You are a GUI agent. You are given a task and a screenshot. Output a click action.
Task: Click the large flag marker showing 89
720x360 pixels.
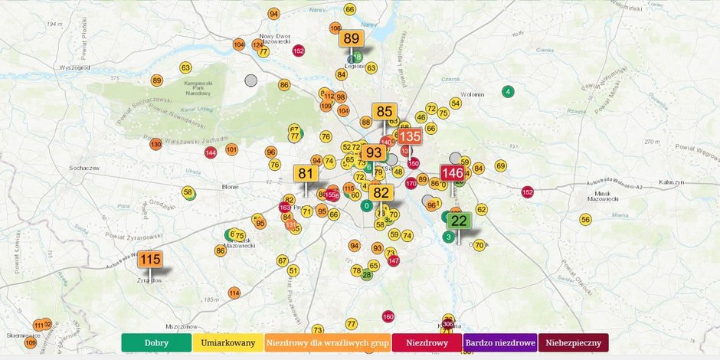pyautogui.click(x=352, y=39)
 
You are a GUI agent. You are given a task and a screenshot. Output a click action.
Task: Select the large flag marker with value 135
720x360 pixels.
pyautogui.click(x=410, y=137)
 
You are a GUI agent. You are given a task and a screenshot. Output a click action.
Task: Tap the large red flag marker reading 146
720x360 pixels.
pyautogui.click(x=452, y=173)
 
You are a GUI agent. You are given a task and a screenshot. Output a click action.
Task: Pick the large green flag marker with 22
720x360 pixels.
pyautogui.click(x=459, y=221)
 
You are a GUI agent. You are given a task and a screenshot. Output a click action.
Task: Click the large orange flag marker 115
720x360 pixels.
pyautogui.click(x=150, y=260)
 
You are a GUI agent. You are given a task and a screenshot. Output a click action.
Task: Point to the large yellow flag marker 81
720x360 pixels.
pyautogui.click(x=306, y=173)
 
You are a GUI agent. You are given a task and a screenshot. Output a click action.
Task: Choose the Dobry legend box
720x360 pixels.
pyautogui.click(x=156, y=342)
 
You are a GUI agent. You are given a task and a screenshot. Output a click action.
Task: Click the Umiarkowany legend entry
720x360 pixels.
pyautogui.click(x=227, y=342)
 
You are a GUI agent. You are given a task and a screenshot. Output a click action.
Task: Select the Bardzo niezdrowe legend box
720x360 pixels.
pyautogui.click(x=499, y=342)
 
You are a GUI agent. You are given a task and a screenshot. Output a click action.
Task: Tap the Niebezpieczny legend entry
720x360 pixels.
pyautogui.click(x=573, y=342)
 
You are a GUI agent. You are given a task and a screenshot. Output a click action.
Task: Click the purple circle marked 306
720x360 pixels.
pyautogui.click(x=448, y=324)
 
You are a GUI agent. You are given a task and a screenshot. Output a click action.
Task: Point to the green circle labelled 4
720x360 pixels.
pyautogui.click(x=507, y=92)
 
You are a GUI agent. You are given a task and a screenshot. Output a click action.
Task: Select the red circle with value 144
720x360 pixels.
pyautogui.click(x=211, y=152)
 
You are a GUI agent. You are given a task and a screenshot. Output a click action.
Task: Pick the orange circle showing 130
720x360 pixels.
pyautogui.click(x=155, y=144)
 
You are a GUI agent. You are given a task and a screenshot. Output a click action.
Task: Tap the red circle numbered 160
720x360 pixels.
pyautogui.click(x=388, y=316)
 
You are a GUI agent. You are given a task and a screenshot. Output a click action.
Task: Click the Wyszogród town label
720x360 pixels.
pyautogui.click(x=74, y=67)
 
